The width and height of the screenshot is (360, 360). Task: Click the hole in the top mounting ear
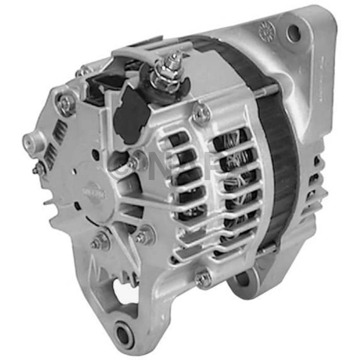[x=294, y=33]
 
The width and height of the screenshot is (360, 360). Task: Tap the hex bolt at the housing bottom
[x=204, y=278]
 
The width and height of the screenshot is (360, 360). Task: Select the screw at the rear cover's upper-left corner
[x=66, y=104]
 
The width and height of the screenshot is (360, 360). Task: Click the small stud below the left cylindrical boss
[x=39, y=169]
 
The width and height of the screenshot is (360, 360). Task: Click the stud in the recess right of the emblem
[x=135, y=164]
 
